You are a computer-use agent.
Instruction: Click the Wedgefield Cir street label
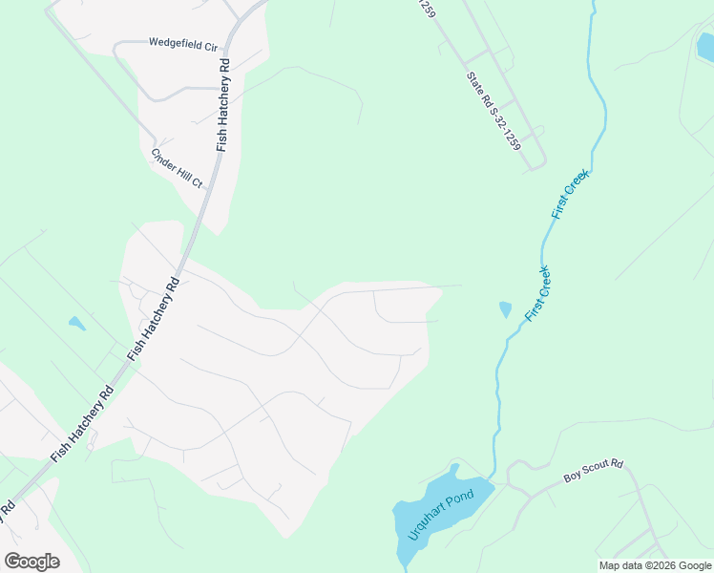183,43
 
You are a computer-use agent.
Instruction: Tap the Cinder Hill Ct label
178,167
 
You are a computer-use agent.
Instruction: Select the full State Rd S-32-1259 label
493,112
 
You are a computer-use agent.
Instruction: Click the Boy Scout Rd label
593,471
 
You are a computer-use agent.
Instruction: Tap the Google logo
31,562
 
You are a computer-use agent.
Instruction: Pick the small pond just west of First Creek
505,309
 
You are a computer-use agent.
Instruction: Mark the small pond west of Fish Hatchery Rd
76,323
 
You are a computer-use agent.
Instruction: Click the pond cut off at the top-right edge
705,45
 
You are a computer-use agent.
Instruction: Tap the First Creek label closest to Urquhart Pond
539,292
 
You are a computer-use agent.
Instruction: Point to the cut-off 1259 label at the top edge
426,8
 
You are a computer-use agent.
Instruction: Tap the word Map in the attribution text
610,565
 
